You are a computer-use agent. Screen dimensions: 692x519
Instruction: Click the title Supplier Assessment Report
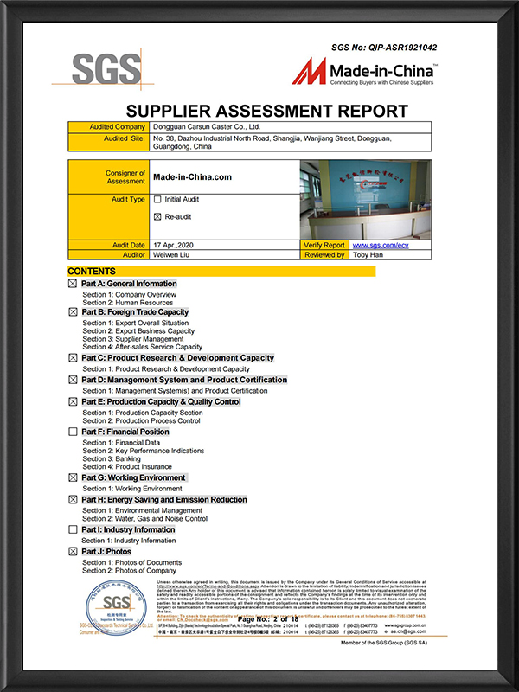coord(266,111)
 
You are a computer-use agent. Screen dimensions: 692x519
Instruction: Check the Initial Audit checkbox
coord(157,199)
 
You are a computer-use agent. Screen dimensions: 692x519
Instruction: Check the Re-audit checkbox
coord(157,216)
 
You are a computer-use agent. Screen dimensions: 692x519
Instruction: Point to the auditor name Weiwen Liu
coord(173,255)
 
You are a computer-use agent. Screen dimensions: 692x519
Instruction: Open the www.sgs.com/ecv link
coord(379,246)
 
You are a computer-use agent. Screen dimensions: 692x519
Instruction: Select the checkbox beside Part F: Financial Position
coord(73,432)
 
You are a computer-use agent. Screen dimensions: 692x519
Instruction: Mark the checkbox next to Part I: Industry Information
coord(73,529)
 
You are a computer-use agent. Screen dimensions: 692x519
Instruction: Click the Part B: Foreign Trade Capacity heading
coord(135,312)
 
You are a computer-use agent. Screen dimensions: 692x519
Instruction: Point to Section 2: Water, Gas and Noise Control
coord(144,519)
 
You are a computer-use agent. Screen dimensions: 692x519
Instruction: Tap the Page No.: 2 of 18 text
coord(267,619)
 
